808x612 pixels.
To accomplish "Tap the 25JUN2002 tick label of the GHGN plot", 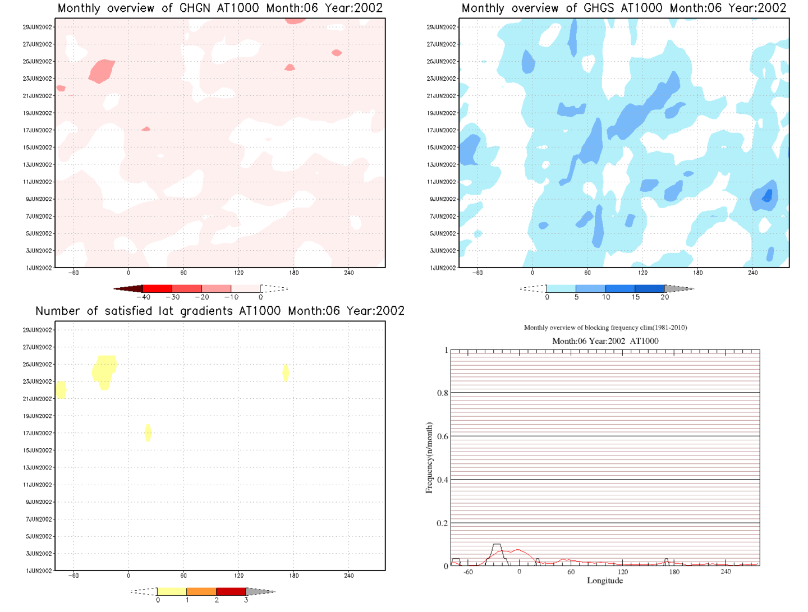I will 38,62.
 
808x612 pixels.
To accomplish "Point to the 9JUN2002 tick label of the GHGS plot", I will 443,199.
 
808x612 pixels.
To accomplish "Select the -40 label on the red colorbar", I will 144,297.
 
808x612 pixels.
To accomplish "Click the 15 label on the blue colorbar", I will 635,297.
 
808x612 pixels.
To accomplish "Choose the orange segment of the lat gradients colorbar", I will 201,591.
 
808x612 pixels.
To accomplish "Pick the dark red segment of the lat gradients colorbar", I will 231,591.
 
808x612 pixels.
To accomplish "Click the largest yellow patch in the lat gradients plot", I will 104,370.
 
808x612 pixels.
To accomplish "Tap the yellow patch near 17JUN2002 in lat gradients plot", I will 148,432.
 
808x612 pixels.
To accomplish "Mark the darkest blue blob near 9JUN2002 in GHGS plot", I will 767,196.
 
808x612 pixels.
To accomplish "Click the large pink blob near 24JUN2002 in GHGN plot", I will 102,71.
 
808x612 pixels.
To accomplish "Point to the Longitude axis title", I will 605,581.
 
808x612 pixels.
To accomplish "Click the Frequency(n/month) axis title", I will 429,458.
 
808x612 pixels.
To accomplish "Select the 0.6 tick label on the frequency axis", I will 443,436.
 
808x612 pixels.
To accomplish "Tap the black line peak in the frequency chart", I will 497,545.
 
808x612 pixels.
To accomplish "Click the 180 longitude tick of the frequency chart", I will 674,572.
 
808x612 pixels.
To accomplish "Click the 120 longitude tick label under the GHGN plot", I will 238,273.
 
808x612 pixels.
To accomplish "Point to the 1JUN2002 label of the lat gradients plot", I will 39,571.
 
